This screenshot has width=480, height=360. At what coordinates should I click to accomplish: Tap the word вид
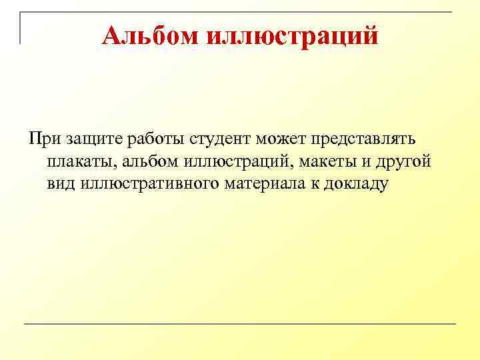click(x=61, y=183)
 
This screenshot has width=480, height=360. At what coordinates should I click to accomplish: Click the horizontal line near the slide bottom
click(x=240, y=325)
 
